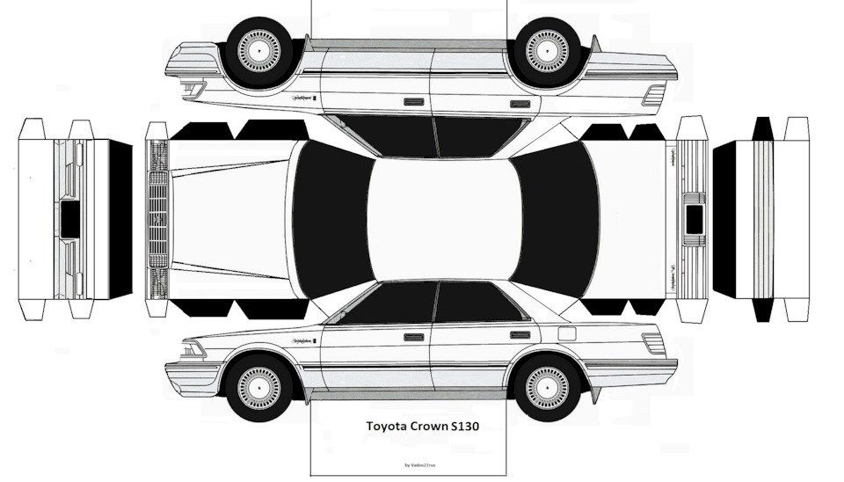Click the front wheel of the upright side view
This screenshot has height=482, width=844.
coord(258,386)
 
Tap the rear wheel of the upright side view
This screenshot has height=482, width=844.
coord(547,386)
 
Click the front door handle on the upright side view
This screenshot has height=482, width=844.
coord(413,336)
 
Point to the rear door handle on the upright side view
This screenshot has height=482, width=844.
coord(520,335)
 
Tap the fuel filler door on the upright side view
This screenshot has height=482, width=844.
coord(567,333)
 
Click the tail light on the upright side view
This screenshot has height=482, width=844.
coord(653,343)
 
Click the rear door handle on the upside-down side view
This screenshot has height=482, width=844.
coord(520,103)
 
